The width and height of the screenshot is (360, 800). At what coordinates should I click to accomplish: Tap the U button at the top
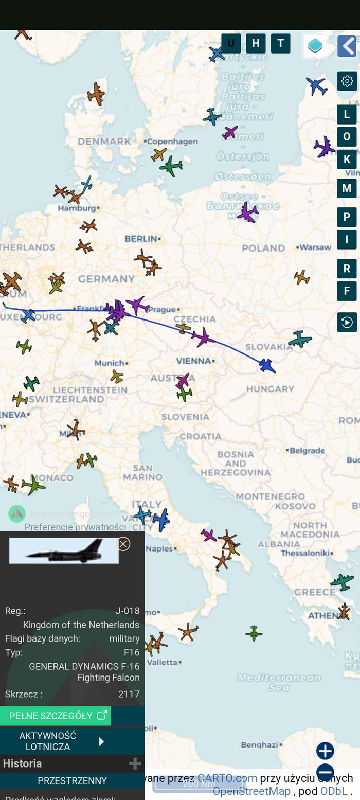231,43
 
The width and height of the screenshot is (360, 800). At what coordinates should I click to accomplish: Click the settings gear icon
347,81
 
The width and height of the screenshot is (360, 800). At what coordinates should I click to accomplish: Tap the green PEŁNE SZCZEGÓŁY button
55,716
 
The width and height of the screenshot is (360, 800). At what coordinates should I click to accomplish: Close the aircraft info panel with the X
123,544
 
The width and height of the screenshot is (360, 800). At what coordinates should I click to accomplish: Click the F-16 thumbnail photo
64,550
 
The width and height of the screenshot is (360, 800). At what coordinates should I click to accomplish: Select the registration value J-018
127,611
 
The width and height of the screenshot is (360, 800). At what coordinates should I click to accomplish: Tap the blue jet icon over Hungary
267,365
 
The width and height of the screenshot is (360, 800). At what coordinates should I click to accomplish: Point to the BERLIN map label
141,239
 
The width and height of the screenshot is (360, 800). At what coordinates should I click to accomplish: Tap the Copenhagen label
173,141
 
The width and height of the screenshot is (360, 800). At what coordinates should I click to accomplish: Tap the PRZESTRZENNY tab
72,780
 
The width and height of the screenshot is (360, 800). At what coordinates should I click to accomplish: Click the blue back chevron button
347,46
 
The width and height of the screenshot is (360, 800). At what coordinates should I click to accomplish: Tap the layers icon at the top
315,46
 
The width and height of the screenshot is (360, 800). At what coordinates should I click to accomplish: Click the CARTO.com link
227,778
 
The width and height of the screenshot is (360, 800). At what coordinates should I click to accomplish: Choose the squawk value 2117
129,694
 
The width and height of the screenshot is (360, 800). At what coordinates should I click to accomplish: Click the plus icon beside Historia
135,764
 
